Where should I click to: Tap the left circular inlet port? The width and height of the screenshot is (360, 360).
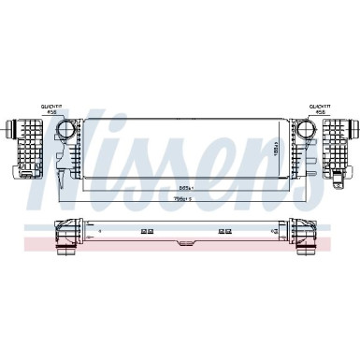click(68, 132)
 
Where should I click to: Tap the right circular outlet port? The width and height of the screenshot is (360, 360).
click(309, 132)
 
